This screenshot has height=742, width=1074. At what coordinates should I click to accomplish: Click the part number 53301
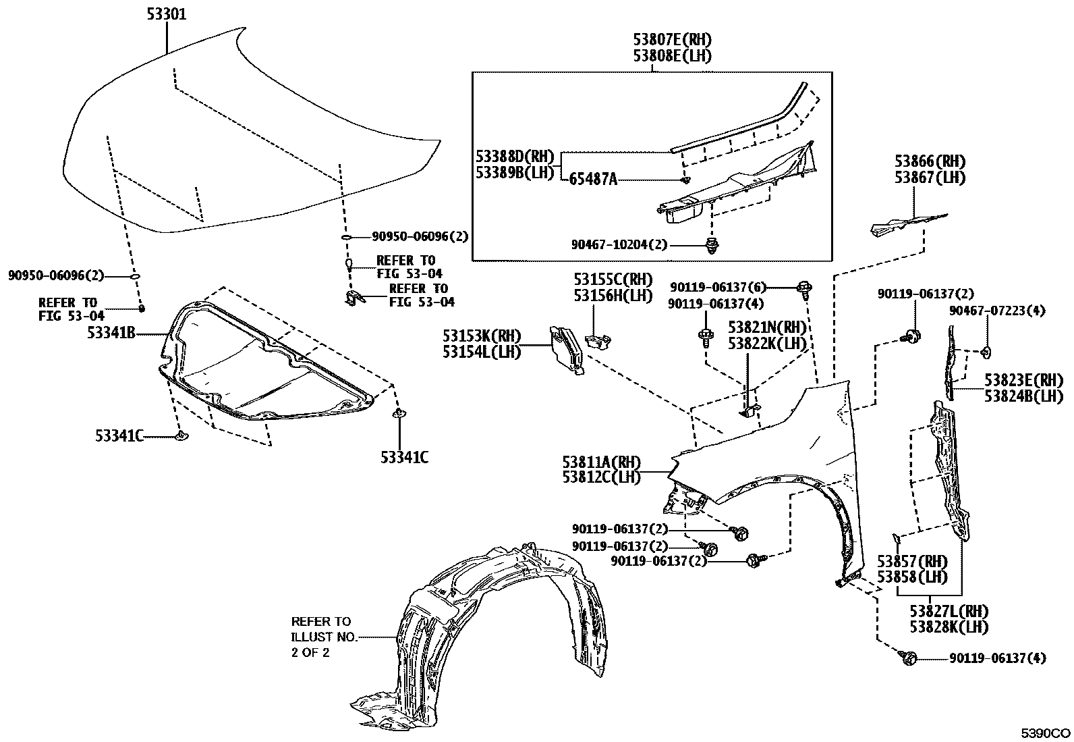point(166,14)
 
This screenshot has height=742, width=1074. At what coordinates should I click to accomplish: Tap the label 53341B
point(113,332)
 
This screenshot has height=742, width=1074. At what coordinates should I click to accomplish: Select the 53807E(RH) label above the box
point(672,40)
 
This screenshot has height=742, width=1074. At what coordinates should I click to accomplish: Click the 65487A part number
point(594,179)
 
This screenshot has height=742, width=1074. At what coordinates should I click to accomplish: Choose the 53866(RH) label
point(930,161)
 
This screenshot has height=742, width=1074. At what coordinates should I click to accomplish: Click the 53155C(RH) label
point(613,278)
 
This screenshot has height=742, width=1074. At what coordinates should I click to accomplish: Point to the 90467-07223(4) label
point(996,311)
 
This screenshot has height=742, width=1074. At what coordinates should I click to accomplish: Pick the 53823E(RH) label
point(1023,380)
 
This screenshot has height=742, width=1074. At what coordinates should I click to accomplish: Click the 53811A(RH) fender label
point(601,462)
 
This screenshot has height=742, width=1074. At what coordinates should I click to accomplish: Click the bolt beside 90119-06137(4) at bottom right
point(908,656)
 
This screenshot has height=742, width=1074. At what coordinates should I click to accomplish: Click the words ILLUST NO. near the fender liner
point(320,637)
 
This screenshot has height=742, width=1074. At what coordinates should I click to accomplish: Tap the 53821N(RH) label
point(767,327)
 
